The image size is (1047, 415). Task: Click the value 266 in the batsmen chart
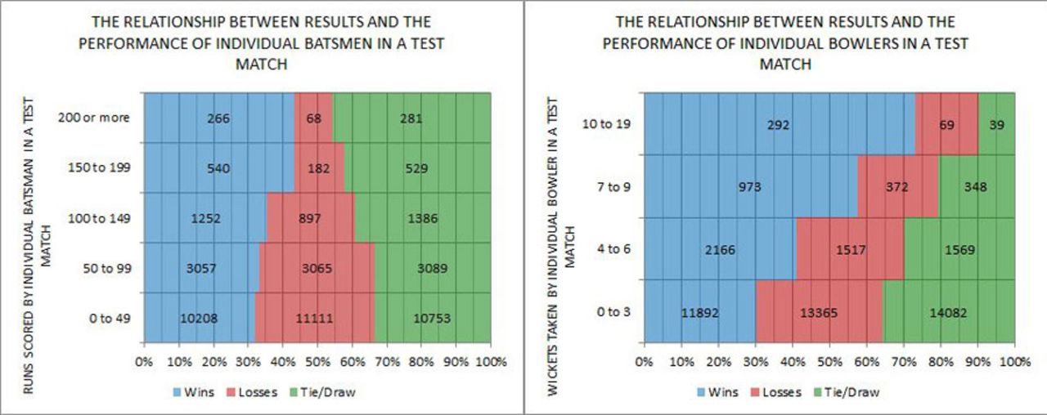[218, 118]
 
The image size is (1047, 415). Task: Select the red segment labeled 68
[313, 118]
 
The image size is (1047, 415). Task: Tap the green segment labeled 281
[411, 118]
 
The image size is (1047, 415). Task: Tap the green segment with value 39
[995, 125]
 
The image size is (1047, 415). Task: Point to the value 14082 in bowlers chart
[948, 312]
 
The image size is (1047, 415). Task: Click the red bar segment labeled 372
[897, 187]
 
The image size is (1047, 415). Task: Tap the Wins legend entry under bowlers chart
[717, 391]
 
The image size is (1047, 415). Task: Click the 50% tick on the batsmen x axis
[317, 361]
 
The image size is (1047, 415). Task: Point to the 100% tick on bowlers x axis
[1013, 361]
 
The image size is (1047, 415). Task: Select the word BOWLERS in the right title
[806, 42]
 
